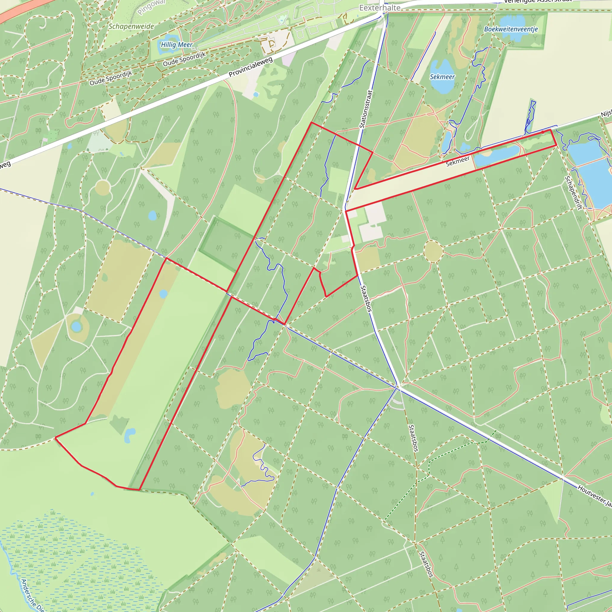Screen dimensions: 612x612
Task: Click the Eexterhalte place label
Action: (x=380, y=7)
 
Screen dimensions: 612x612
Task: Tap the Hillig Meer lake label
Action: (x=176, y=45)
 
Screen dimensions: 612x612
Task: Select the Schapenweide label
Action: (x=131, y=26)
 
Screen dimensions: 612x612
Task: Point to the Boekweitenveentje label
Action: (x=511, y=29)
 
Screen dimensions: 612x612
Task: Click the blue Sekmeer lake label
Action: (x=442, y=77)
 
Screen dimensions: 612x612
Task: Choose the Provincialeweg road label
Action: (x=250, y=67)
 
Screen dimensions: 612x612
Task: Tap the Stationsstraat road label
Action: (x=366, y=109)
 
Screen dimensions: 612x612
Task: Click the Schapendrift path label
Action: (x=573, y=193)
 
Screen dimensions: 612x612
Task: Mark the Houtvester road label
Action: (x=594, y=495)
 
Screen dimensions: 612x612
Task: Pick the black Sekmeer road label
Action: (x=458, y=162)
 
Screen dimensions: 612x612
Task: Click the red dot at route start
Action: (x=543, y=132)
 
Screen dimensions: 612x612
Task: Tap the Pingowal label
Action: (x=152, y=6)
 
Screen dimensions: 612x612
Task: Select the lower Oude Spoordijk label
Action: (x=111, y=78)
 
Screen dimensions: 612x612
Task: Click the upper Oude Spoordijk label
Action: (x=184, y=59)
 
